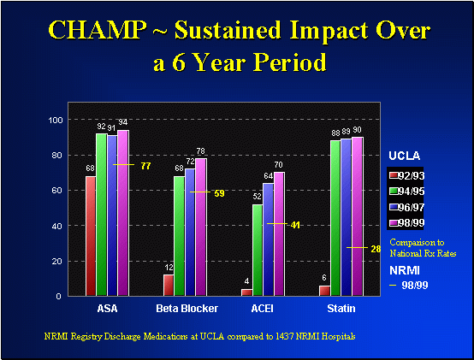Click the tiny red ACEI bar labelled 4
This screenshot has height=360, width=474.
[x=247, y=292]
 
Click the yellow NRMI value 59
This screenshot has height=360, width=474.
[x=219, y=193]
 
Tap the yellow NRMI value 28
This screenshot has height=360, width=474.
[x=375, y=248]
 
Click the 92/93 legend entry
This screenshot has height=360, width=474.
[x=407, y=175]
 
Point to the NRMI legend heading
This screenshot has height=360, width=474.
[x=404, y=269]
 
